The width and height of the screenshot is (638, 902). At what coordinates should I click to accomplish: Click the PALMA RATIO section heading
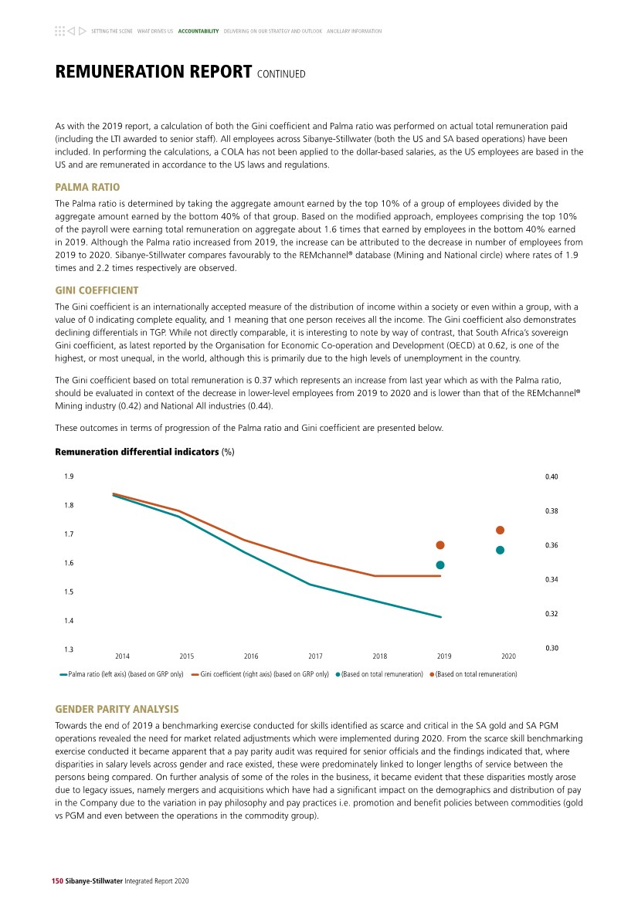[x=87, y=188]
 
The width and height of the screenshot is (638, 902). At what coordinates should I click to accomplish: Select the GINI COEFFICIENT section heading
[x=97, y=290]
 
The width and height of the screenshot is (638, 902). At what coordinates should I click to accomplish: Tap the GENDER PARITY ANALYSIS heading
[x=117, y=709]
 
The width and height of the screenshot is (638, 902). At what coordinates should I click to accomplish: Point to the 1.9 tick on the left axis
[x=70, y=476]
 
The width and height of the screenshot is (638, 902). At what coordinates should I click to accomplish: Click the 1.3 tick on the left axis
[x=70, y=649]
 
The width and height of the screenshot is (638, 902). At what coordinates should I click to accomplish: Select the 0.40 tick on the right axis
[x=551, y=476]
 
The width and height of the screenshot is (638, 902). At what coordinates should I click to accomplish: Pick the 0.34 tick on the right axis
[x=551, y=579]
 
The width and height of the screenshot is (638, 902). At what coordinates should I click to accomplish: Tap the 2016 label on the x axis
[x=251, y=656]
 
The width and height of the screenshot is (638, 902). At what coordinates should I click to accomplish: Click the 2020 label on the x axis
[x=508, y=656]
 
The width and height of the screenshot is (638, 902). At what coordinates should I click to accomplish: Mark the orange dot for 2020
[x=500, y=530]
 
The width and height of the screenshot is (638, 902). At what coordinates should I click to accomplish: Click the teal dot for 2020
[x=500, y=550]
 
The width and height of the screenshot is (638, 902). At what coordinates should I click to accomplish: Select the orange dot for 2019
[x=440, y=545]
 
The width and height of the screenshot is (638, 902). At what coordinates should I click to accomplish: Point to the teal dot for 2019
[x=440, y=565]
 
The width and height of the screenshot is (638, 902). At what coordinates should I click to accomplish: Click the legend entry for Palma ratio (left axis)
[x=122, y=674]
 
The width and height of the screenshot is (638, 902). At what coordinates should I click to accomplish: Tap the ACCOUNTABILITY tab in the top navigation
[x=199, y=32]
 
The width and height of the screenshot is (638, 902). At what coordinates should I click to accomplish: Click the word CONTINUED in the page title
[x=281, y=74]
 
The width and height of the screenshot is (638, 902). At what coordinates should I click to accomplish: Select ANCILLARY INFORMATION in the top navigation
[x=354, y=32]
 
